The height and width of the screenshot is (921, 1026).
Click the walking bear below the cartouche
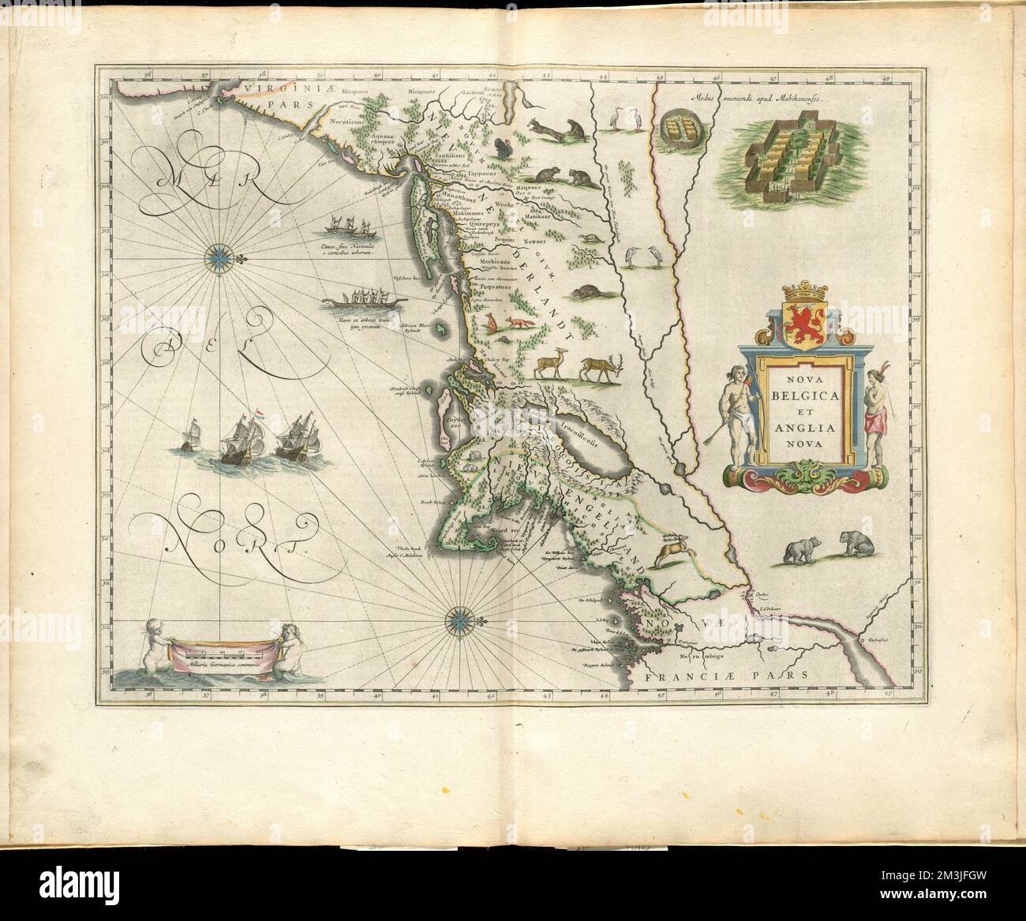798,550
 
